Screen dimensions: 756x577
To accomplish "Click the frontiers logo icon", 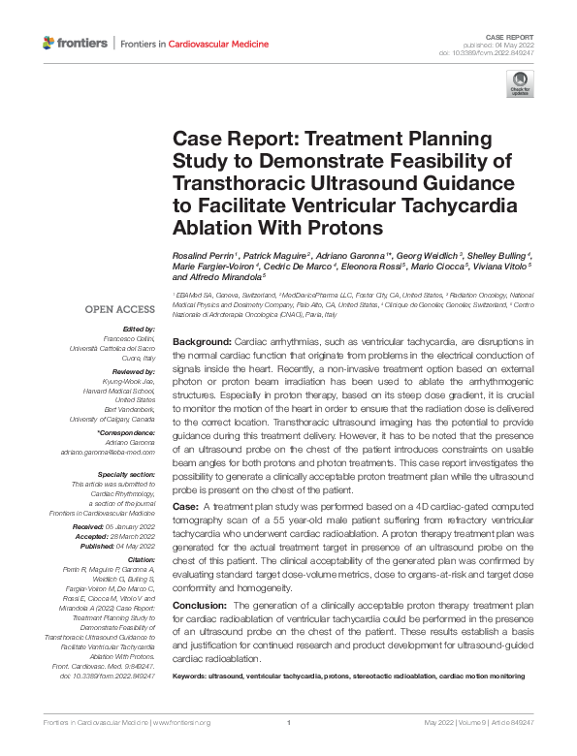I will pyautogui.click(x=49, y=44).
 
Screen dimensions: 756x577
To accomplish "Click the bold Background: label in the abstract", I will pyautogui.click(x=202, y=343).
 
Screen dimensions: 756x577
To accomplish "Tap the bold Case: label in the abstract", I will pyautogui.click(x=185, y=507).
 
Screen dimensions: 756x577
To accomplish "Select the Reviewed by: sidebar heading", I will pyautogui.click(x=135, y=372).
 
